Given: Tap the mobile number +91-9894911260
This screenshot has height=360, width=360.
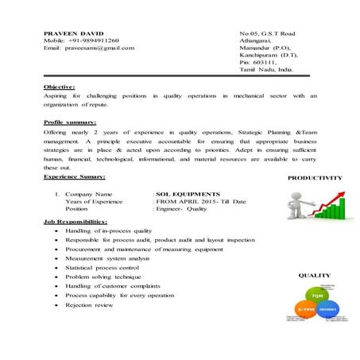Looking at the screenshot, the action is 91,41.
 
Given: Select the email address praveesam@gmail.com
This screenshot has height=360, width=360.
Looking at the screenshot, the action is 100,48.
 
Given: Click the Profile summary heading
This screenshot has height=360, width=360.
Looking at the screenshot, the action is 70,122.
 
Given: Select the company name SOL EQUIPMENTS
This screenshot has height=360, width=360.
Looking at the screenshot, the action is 188,193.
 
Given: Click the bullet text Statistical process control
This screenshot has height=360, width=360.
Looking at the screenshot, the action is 104,268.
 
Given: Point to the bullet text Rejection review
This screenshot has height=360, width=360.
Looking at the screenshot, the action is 90,305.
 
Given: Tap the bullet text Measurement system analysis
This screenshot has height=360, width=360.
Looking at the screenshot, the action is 107,258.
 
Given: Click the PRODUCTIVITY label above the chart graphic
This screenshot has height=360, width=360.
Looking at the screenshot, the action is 315,178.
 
